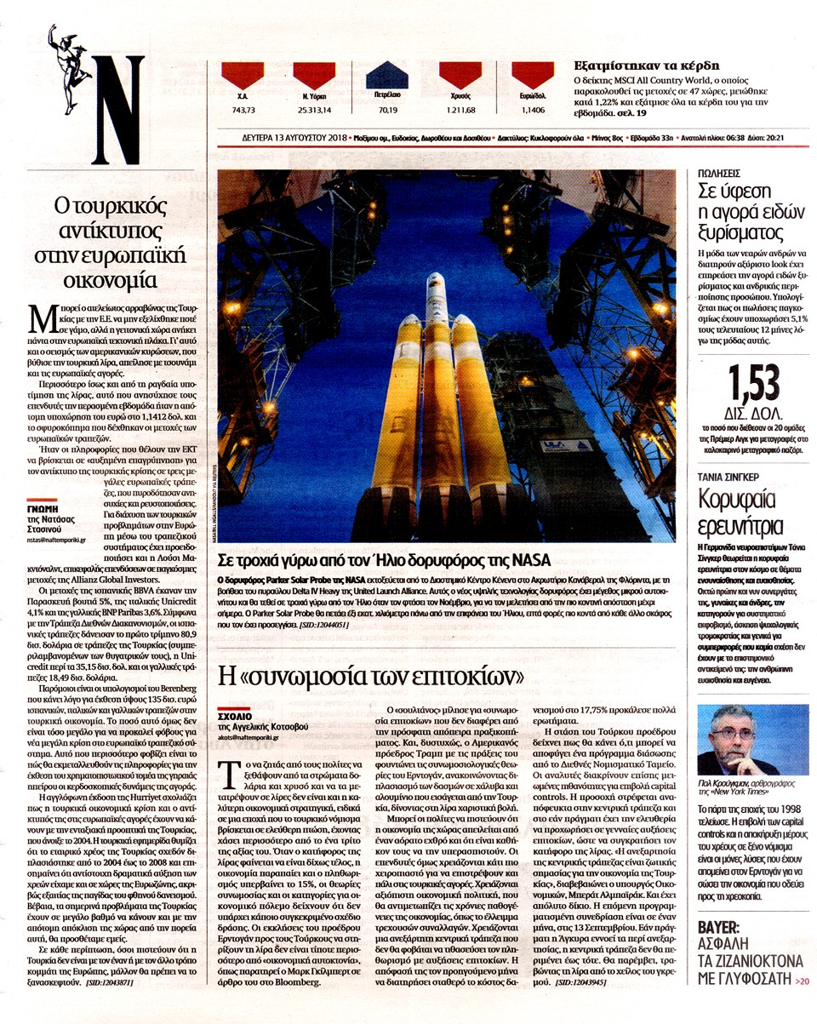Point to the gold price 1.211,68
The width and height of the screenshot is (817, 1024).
[460, 110]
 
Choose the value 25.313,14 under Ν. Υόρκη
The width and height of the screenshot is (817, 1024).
[314, 110]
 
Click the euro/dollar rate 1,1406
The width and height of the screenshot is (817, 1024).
[533, 110]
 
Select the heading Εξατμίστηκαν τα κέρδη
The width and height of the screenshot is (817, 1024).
[635, 66]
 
